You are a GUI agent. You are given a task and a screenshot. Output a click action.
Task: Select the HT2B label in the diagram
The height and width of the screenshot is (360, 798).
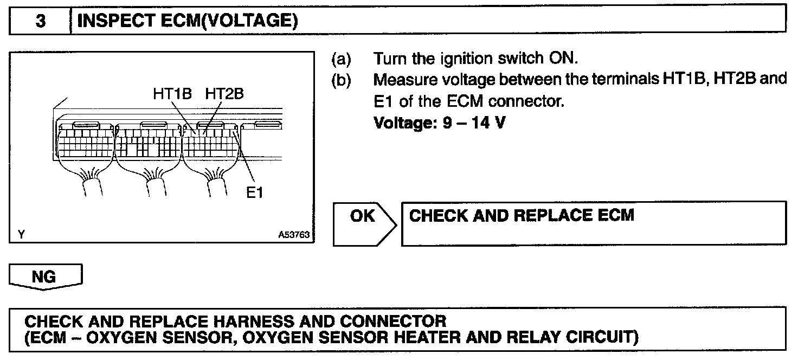click(224, 94)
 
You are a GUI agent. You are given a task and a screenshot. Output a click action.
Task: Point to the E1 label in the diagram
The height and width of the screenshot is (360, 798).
click(254, 193)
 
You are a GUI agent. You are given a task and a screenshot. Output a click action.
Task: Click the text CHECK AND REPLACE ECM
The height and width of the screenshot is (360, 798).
click(521, 216)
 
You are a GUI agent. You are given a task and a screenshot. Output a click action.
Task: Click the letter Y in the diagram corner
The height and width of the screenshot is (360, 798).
click(21, 235)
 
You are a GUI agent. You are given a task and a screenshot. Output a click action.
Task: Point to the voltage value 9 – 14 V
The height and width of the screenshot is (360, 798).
click(440, 124)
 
